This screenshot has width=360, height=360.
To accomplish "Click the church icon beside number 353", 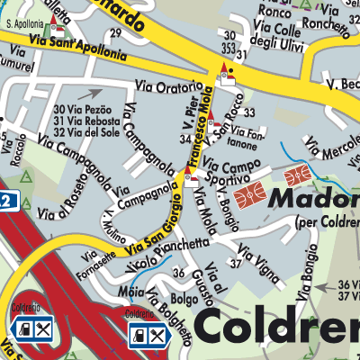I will point(226,76).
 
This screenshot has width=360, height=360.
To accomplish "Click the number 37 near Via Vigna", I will point(235,264).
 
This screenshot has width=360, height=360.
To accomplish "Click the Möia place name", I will point(131,292).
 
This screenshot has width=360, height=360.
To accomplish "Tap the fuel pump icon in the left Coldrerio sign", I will point(27,332).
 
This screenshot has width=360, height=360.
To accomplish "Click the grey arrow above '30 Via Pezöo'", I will point(90,93).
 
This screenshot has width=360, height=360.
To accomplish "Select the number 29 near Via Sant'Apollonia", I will point(114,33).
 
